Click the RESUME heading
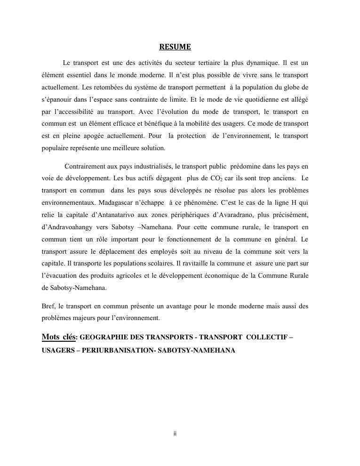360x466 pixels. click(x=175, y=47)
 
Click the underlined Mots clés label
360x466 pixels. click(x=58, y=337)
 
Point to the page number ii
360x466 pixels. click(x=175, y=434)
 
